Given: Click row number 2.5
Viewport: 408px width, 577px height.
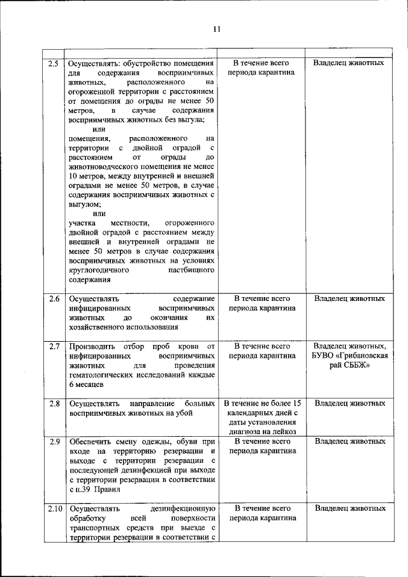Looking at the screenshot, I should click(54, 64).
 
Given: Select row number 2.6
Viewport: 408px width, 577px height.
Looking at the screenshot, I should click(54, 298).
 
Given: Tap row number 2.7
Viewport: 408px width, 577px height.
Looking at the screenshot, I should click(54, 346).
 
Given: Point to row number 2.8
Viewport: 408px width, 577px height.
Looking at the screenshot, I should click(54, 404).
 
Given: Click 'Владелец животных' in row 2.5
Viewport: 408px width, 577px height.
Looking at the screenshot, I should click(349, 64).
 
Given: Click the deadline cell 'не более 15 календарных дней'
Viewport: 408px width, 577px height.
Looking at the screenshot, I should click(262, 417).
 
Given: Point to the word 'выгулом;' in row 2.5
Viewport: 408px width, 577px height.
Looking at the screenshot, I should click(85, 205).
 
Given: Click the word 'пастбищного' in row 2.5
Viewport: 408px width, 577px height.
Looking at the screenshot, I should click(191, 270).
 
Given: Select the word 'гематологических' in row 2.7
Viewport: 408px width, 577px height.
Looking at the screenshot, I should click(101, 376).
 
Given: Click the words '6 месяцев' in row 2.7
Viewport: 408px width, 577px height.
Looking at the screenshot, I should click(87, 385).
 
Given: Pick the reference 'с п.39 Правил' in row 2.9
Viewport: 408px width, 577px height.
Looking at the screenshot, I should click(94, 490).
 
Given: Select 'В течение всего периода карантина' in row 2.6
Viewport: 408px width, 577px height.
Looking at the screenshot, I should click(262, 302).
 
